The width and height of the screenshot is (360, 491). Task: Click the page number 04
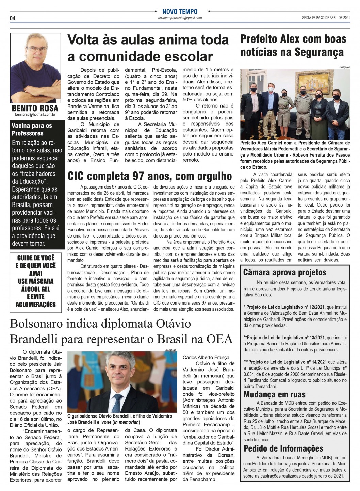pos(12,18)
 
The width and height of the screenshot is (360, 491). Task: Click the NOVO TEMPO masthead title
pos(180,12)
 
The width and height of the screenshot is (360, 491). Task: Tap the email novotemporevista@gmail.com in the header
pos(180,18)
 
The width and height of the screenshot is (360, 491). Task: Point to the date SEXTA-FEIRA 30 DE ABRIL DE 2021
pos(326,18)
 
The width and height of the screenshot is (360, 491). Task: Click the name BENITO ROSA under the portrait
pos(35,109)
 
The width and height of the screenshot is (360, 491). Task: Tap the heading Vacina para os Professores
pos(32,129)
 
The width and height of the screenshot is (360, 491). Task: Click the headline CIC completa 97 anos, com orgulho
pos(150,176)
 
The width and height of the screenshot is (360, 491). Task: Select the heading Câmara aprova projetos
pos(284,272)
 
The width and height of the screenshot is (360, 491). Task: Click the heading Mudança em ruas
pos(274,394)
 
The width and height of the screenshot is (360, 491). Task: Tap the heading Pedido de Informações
pos(283,448)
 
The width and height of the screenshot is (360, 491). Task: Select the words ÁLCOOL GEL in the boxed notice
pos(35,289)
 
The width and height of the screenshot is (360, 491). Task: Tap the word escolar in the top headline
pos(181,56)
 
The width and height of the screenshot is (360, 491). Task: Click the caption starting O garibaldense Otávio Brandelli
pos(120,419)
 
